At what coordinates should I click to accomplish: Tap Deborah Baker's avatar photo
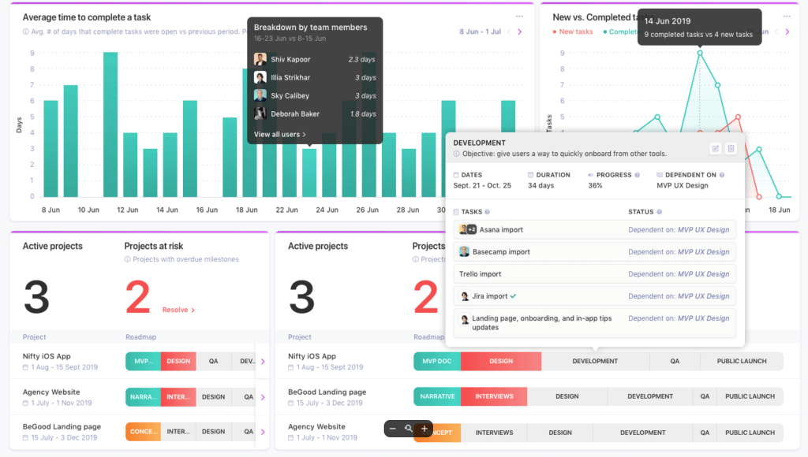pos(260,114)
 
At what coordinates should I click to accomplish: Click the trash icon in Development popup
pos(731,148)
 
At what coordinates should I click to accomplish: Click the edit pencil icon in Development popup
pos(715,148)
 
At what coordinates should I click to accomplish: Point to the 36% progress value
pos(595,186)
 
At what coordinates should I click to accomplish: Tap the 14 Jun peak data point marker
pos(699,54)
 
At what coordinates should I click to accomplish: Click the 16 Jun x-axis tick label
pos(207,210)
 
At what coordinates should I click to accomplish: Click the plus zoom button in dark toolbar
pos(424,429)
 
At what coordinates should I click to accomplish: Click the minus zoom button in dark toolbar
pos(393,429)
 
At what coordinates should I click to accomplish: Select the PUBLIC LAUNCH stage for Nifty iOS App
pos(741,361)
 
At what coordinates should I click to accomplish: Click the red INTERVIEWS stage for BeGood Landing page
pos(494,396)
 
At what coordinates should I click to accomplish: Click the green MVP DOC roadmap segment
pos(437,361)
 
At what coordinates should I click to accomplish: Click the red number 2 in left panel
pos(137,298)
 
